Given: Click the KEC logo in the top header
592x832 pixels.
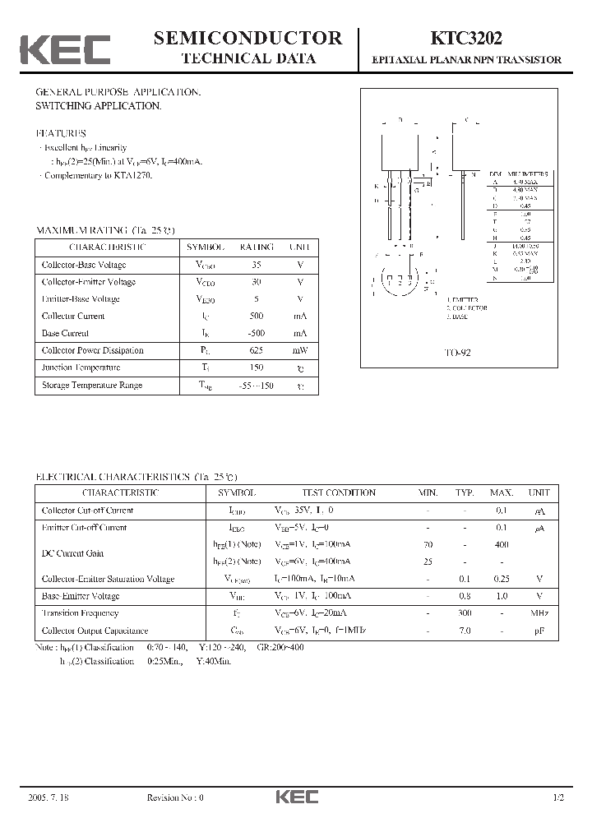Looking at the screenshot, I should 65,49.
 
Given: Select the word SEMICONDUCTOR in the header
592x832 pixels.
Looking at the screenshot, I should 247,38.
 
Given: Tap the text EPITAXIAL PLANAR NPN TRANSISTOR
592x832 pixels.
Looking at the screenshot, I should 467,60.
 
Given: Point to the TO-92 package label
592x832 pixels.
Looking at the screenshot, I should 457,352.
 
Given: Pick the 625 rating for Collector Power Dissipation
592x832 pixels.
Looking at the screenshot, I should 257,350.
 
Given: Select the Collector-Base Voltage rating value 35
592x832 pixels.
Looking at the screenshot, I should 257,265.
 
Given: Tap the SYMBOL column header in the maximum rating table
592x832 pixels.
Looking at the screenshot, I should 206,247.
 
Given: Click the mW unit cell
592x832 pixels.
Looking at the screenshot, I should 299,350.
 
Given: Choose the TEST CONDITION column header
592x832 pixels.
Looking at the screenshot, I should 339,493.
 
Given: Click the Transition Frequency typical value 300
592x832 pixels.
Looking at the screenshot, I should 465,613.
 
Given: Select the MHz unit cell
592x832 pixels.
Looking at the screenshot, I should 539,613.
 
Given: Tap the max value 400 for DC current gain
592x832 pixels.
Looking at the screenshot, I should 502,544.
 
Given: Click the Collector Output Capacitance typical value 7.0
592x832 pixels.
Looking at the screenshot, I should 465,631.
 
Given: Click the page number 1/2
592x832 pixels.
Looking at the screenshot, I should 559,797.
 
